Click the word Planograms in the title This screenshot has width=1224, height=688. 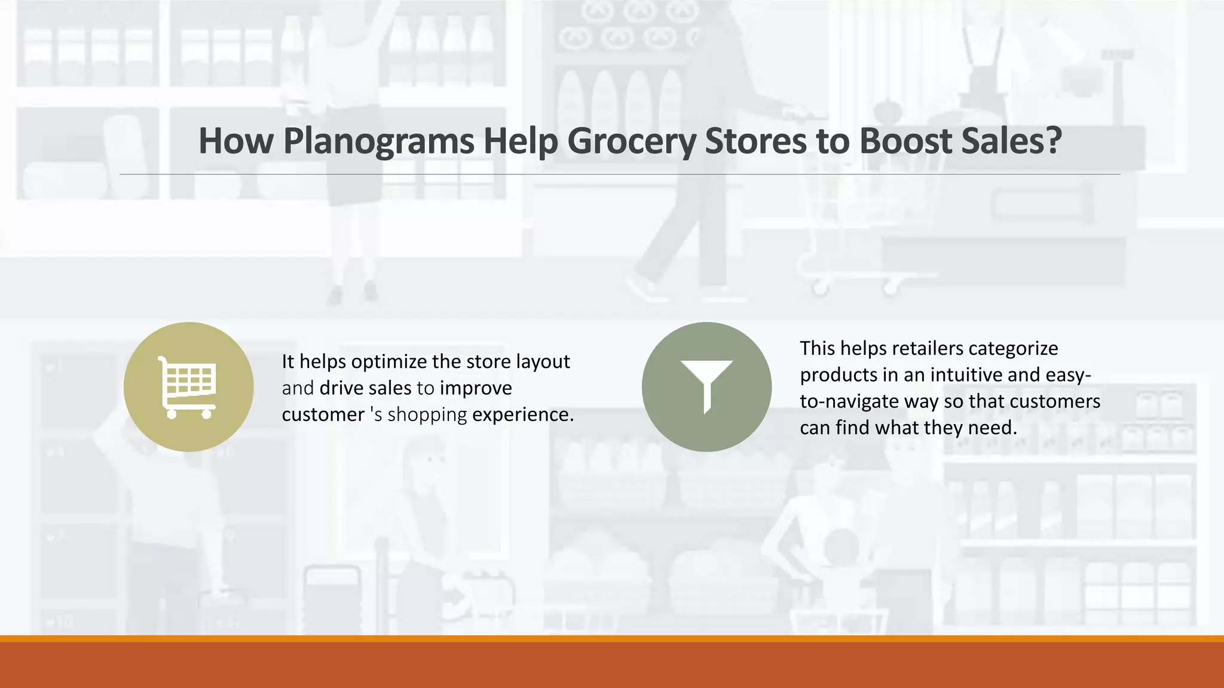pos(378,141)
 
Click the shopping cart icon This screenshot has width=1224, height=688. pos(188,387)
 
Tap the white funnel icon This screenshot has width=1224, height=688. pos(706,386)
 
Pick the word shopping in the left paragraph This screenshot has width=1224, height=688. pos(427,414)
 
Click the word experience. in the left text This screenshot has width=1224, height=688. pos(523,414)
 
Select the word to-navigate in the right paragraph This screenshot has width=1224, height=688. pos(849,401)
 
